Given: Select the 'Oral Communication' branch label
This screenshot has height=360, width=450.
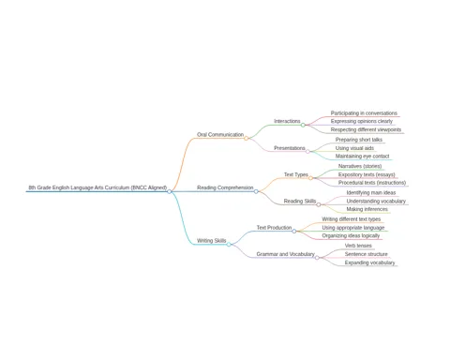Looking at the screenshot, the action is [x=220, y=134].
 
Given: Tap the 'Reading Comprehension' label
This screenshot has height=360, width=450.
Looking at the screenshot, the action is [x=225, y=187].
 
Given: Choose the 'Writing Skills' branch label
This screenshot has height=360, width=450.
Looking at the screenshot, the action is [x=212, y=241].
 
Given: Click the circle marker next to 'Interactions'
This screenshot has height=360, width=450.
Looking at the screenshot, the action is [x=303, y=125].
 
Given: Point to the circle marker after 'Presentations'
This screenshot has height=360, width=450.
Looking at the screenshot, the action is [x=307, y=152].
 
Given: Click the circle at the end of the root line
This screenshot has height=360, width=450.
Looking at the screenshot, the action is [x=170, y=191].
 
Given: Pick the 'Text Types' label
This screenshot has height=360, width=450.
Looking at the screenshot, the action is [x=296, y=174].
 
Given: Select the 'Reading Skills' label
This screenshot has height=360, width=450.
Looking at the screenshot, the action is [x=300, y=201].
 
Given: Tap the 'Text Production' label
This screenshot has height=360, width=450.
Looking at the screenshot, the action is [x=274, y=228].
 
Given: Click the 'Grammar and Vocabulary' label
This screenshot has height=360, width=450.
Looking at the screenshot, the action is [x=285, y=254].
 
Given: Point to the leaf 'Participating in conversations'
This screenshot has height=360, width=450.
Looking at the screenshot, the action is [x=364, y=113].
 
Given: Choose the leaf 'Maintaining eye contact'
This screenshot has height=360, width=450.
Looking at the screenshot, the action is [x=363, y=156].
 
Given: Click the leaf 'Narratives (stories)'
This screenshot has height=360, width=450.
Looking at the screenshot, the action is [x=360, y=166].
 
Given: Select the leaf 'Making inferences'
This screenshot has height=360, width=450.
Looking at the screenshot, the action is [x=367, y=209].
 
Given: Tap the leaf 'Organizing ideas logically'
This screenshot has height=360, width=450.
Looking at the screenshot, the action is [x=351, y=235].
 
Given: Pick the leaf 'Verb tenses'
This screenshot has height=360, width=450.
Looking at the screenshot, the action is [x=358, y=246].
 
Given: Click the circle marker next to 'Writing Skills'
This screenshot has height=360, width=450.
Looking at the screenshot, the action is [x=229, y=245].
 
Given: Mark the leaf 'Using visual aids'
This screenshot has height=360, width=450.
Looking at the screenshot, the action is [x=354, y=148].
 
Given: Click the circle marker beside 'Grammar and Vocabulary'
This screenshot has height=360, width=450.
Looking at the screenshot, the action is [x=317, y=258].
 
